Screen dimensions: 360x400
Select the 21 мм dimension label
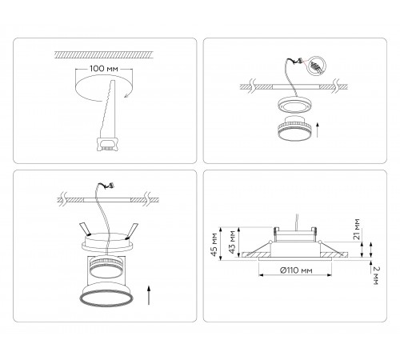click(355, 231)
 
